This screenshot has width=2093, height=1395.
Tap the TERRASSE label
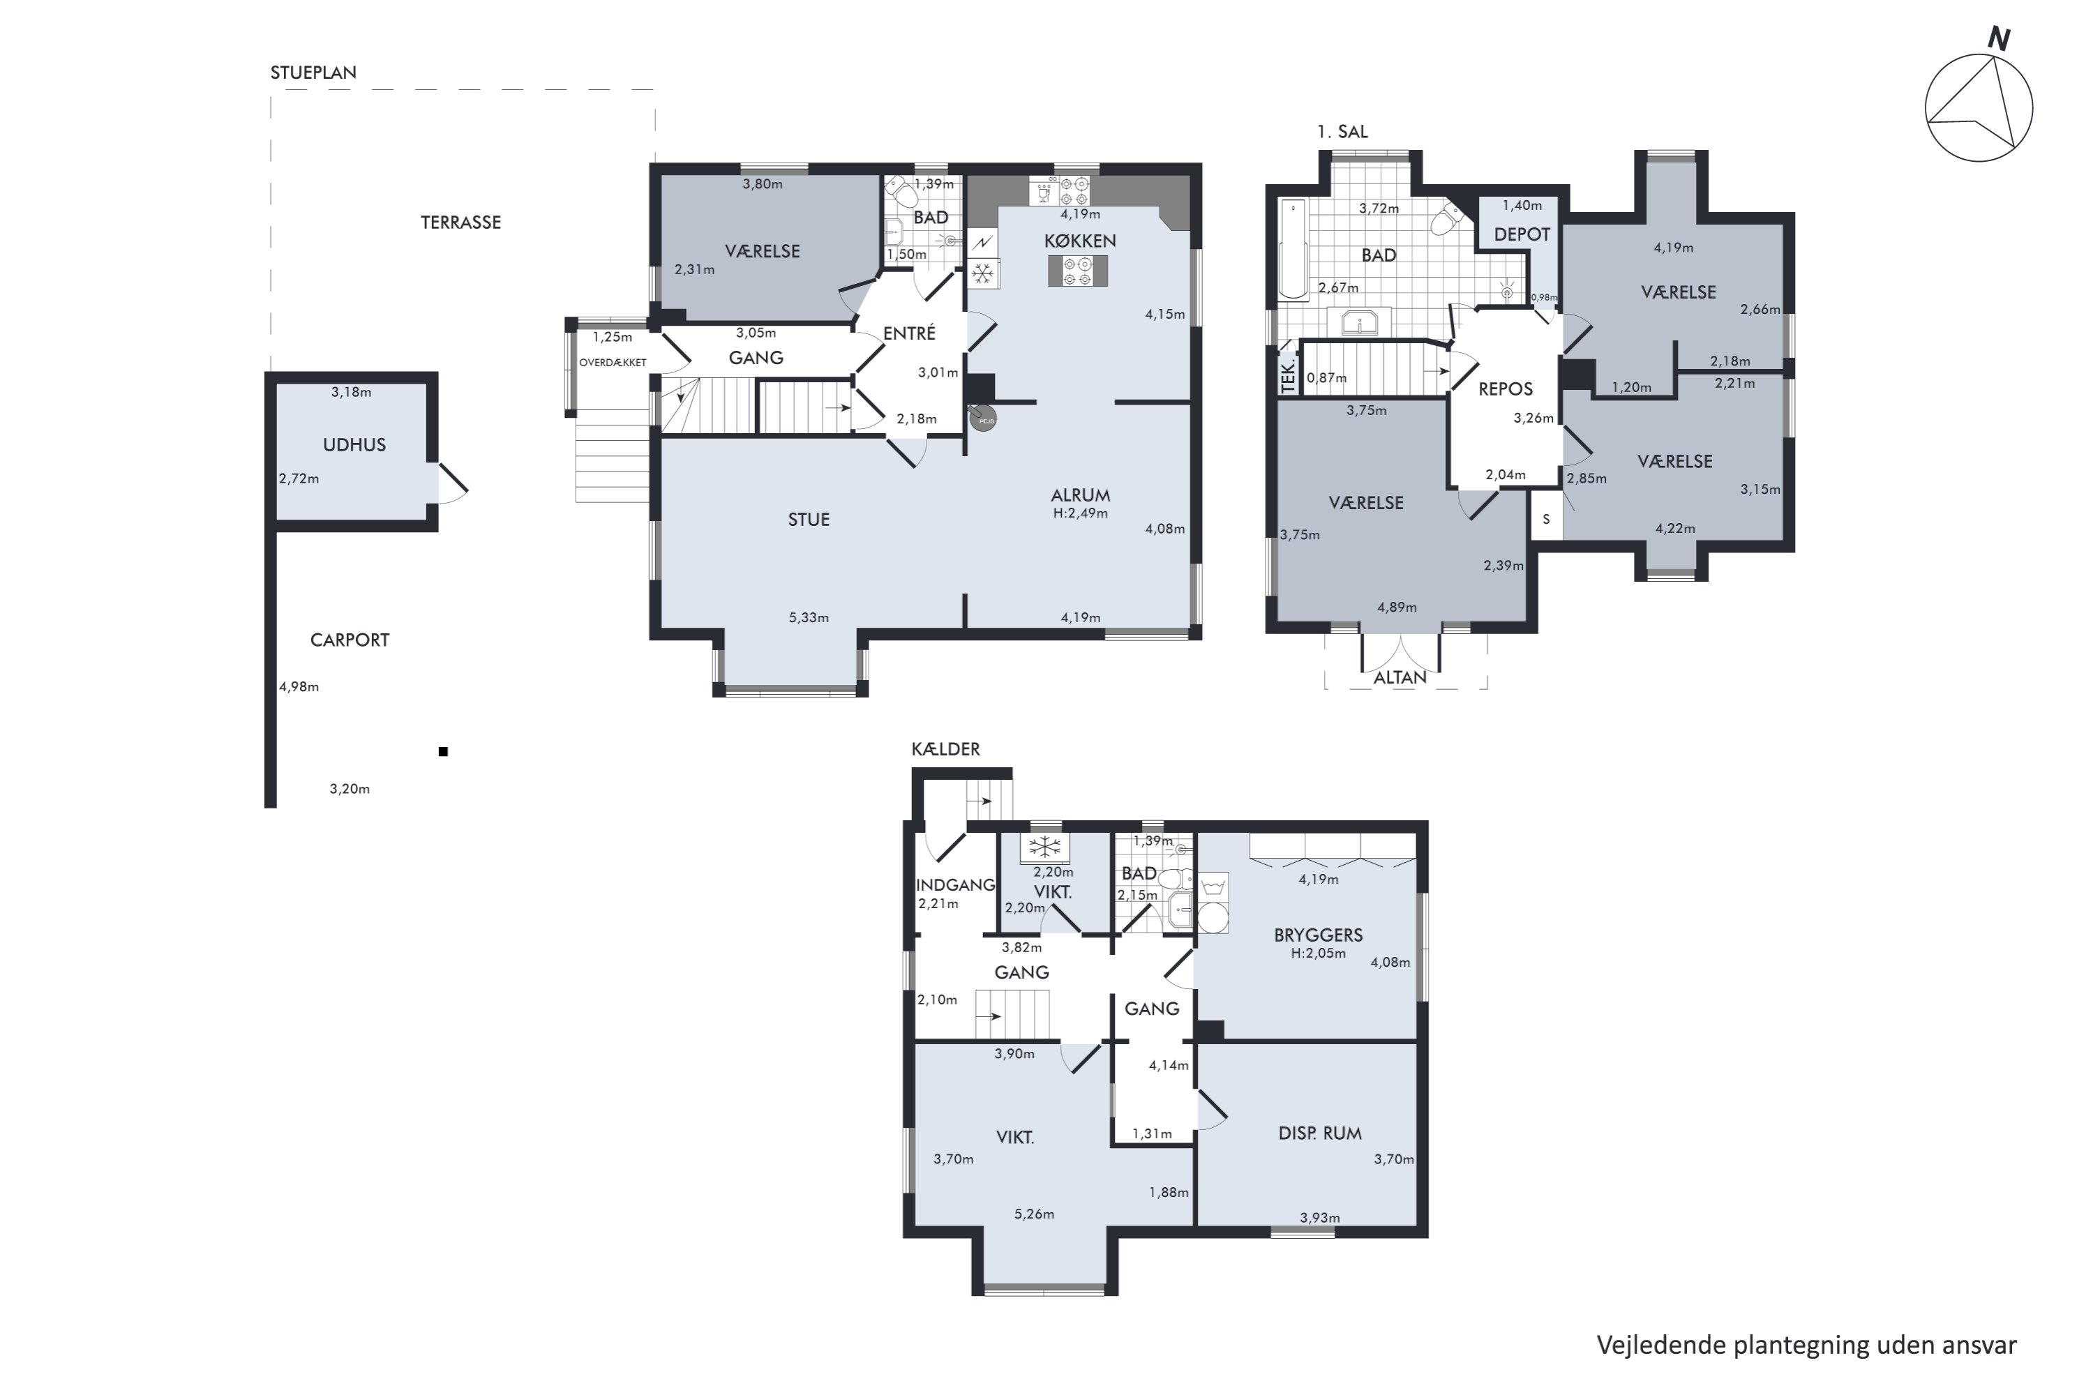pos(461,223)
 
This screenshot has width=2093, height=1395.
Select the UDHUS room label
pos(354,445)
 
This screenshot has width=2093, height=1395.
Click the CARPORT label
pos(350,640)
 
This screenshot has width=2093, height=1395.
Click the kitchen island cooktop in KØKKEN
pos(1078,271)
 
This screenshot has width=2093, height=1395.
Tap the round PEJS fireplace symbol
pos(982,418)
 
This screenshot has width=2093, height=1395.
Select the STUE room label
pos(808,520)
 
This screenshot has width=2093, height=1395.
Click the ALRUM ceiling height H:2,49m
pos(1080,513)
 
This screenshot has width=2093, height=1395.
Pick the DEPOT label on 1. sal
pos(1522,234)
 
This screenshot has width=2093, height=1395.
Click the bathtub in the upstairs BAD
pos(1292,249)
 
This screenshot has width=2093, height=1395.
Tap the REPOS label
pos(1506,389)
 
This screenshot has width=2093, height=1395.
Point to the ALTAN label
pos(1400,678)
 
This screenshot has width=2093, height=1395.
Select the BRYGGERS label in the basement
pos(1318,935)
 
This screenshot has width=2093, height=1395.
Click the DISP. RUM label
pos(1320,1133)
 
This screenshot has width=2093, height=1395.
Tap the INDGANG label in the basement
pos(955,885)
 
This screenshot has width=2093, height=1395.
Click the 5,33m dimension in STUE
pos(808,617)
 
